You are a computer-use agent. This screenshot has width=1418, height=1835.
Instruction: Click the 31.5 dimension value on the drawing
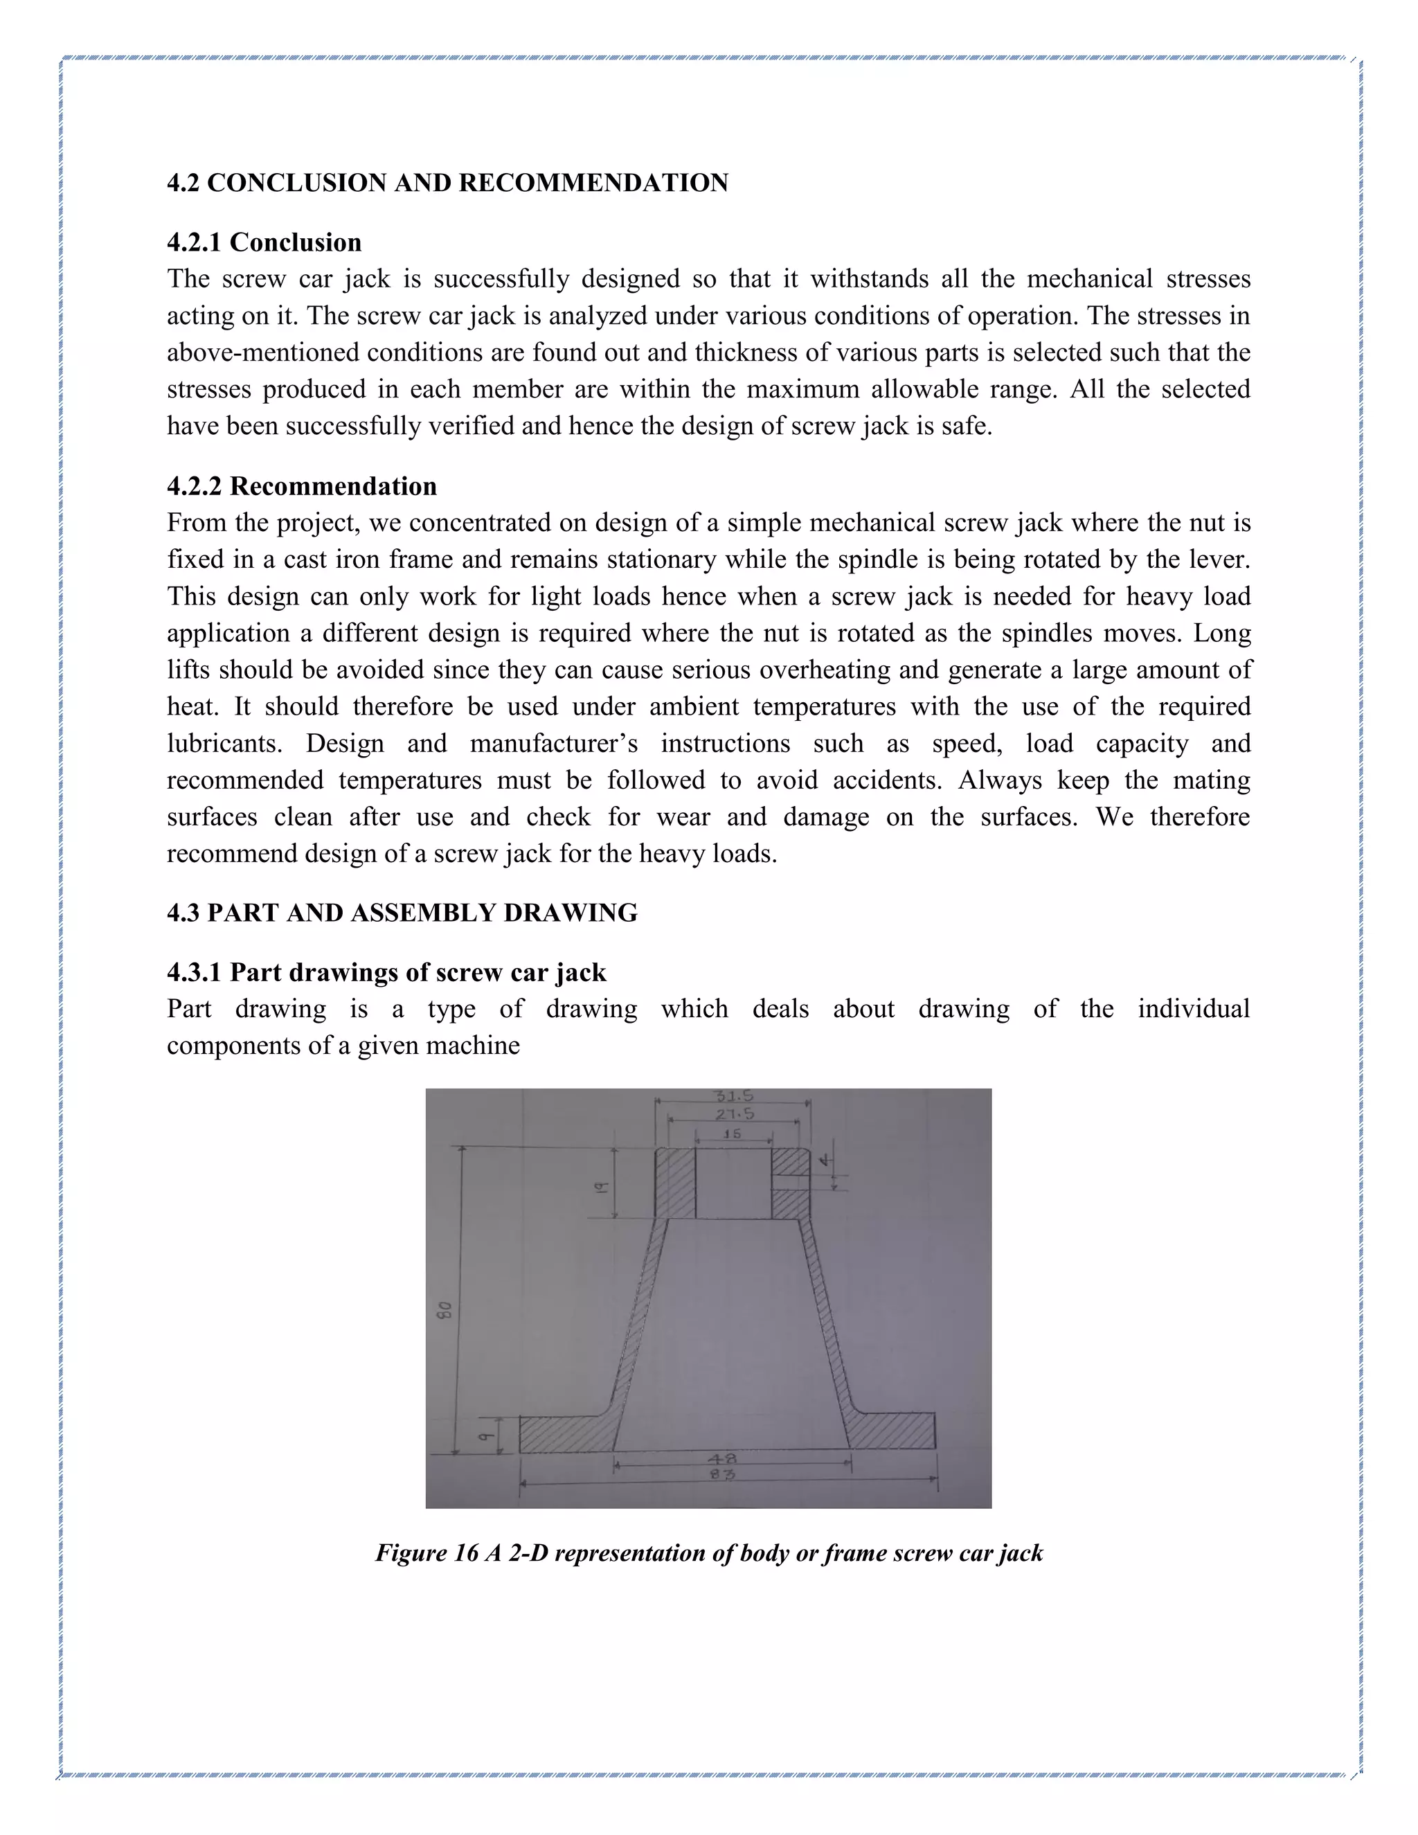coord(733,1095)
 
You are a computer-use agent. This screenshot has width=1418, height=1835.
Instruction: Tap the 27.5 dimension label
coord(734,1114)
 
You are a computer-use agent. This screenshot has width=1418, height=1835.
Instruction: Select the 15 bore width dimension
coord(732,1134)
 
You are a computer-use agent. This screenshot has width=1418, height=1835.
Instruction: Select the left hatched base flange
coord(563,1433)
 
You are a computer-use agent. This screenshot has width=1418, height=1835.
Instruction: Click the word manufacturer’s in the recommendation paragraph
coord(554,744)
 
